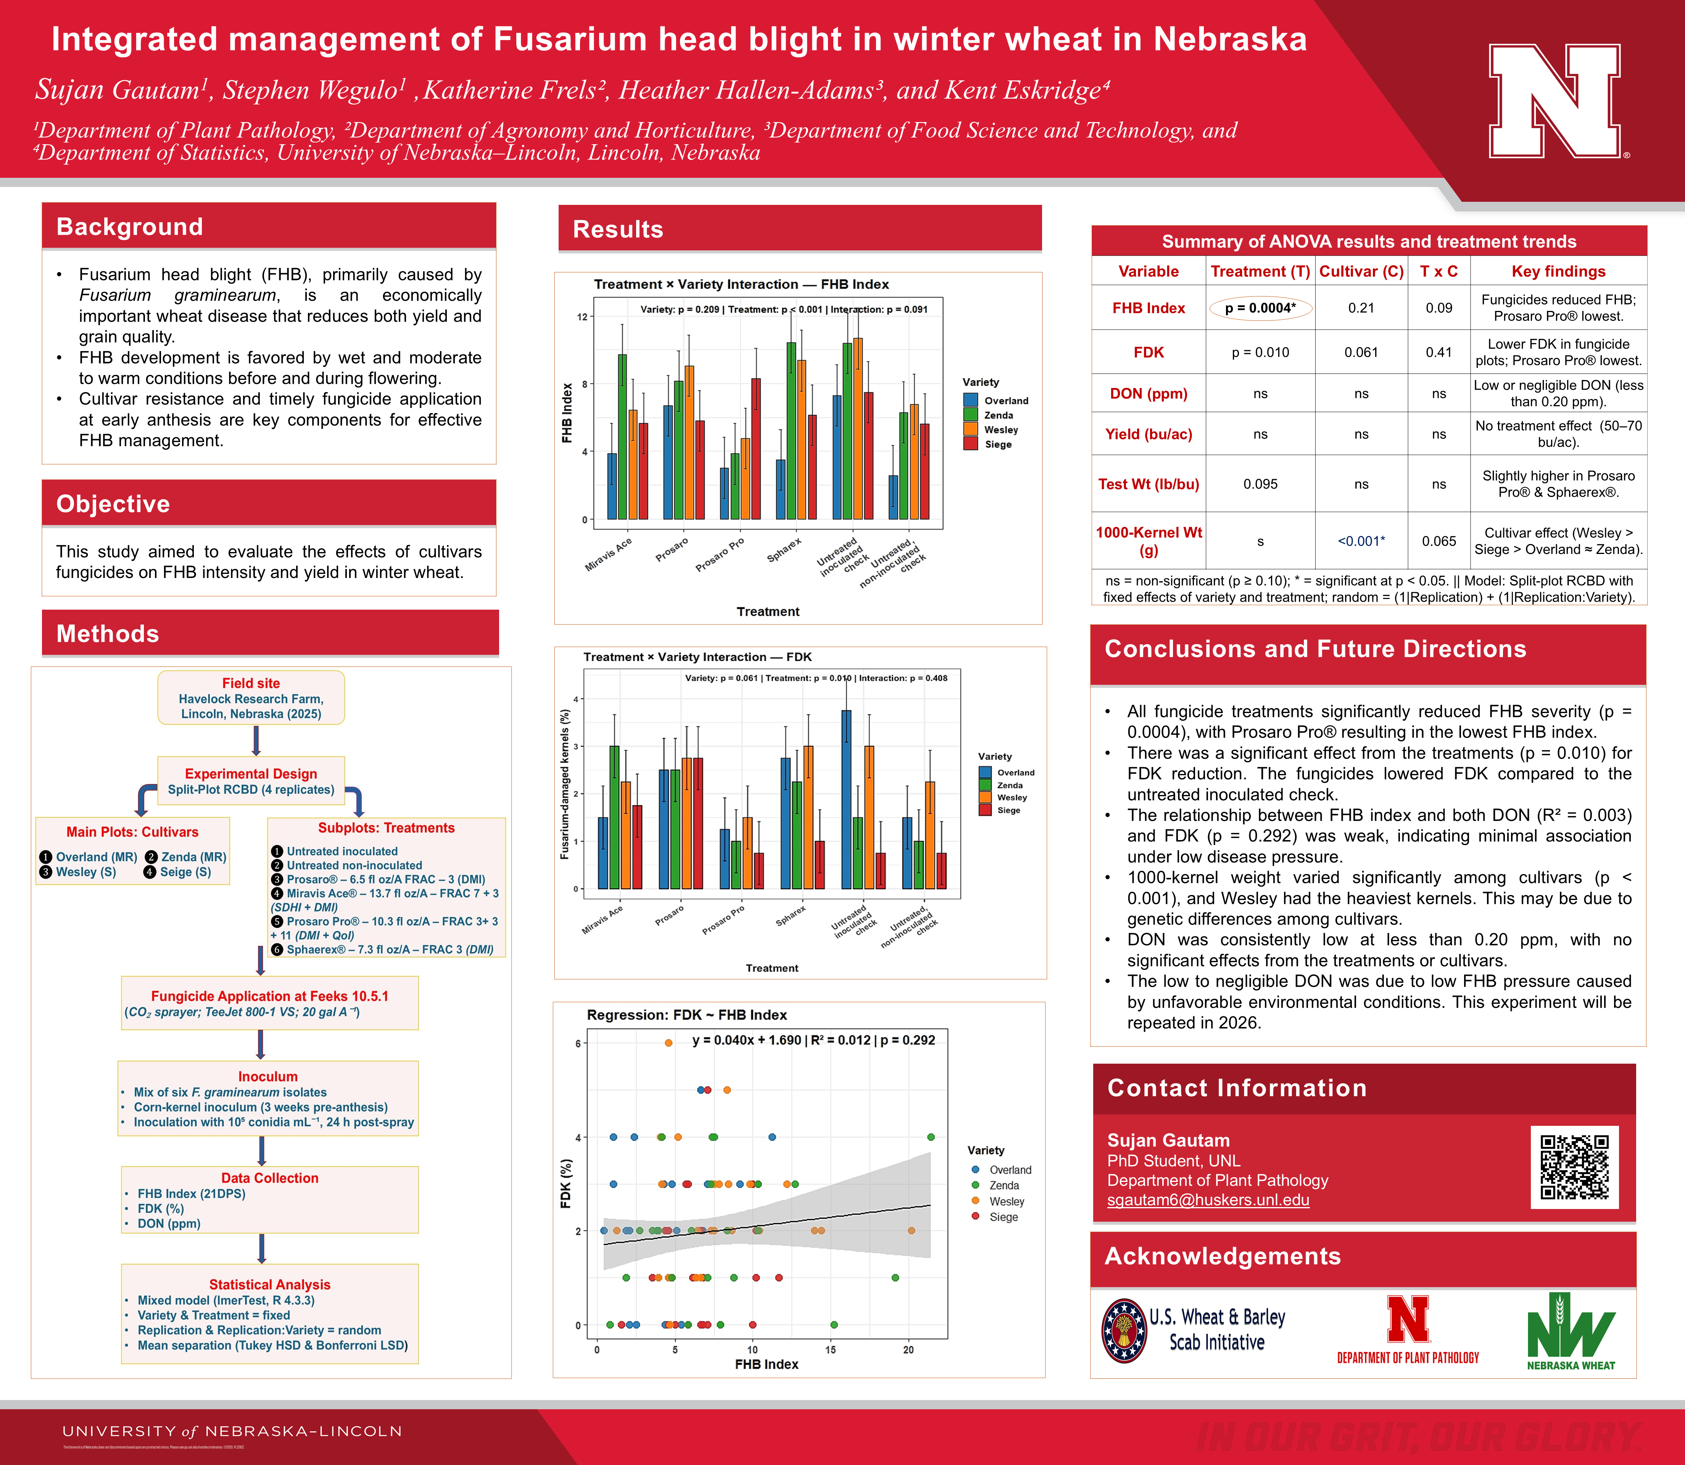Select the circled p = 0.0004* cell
coord(1260,308)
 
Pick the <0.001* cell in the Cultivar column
coord(1360,541)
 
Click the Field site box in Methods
coord(251,697)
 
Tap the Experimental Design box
coord(251,781)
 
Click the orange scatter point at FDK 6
coord(669,1042)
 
